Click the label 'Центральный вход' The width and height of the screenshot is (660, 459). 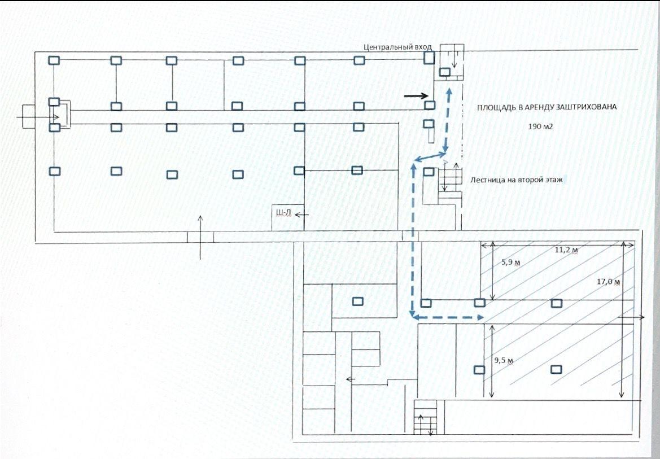397,47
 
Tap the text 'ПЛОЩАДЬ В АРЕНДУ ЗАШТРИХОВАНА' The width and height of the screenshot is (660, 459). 547,107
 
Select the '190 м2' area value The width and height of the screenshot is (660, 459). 540,126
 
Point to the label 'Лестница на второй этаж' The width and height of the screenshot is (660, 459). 517,180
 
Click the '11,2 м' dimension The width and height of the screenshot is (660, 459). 566,250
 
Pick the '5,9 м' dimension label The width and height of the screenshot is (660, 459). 510,263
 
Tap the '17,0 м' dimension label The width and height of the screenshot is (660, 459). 609,282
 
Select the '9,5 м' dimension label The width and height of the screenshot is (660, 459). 503,361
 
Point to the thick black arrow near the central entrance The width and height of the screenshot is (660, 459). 416,96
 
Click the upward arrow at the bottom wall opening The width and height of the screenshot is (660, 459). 200,237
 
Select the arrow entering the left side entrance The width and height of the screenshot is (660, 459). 38,117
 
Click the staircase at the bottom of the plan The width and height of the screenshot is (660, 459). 425,417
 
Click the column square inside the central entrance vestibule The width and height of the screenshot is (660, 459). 444,72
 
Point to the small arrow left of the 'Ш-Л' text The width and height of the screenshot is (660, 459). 302,215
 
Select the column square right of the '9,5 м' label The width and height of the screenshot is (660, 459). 557,369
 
